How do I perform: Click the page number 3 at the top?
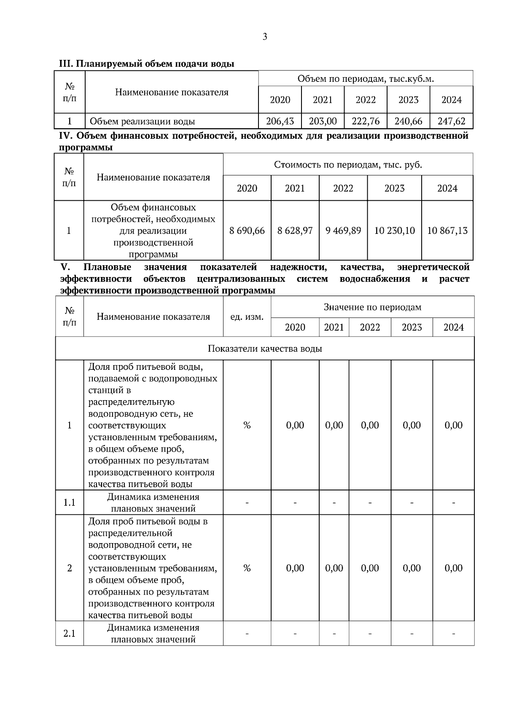pyautogui.click(x=265, y=37)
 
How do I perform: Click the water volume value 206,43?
pyautogui.click(x=280, y=121)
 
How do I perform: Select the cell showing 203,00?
pyautogui.click(x=323, y=121)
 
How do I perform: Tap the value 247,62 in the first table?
pyautogui.click(x=451, y=121)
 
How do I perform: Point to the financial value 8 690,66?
pyautogui.click(x=247, y=231)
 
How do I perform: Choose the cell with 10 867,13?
pyautogui.click(x=447, y=231)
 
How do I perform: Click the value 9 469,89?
pyautogui.click(x=343, y=231)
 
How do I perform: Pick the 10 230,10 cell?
pyautogui.click(x=394, y=231)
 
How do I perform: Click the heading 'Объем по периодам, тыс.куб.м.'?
pyautogui.click(x=366, y=79)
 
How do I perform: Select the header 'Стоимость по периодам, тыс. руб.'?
pyautogui.click(x=348, y=164)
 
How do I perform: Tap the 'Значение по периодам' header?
pyautogui.click(x=372, y=307)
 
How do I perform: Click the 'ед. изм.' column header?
pyautogui.click(x=247, y=317)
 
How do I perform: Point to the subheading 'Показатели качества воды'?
pyautogui.click(x=265, y=349)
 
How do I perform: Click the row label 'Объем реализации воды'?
pyautogui.click(x=142, y=122)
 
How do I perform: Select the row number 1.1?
pyautogui.click(x=69, y=503)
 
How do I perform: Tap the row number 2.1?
pyautogui.click(x=69, y=633)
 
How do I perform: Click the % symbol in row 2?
pyautogui.click(x=247, y=568)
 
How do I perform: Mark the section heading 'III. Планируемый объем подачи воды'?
pyautogui.click(x=146, y=64)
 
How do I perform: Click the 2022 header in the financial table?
pyautogui.click(x=343, y=188)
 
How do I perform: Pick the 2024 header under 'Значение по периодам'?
pyautogui.click(x=453, y=327)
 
